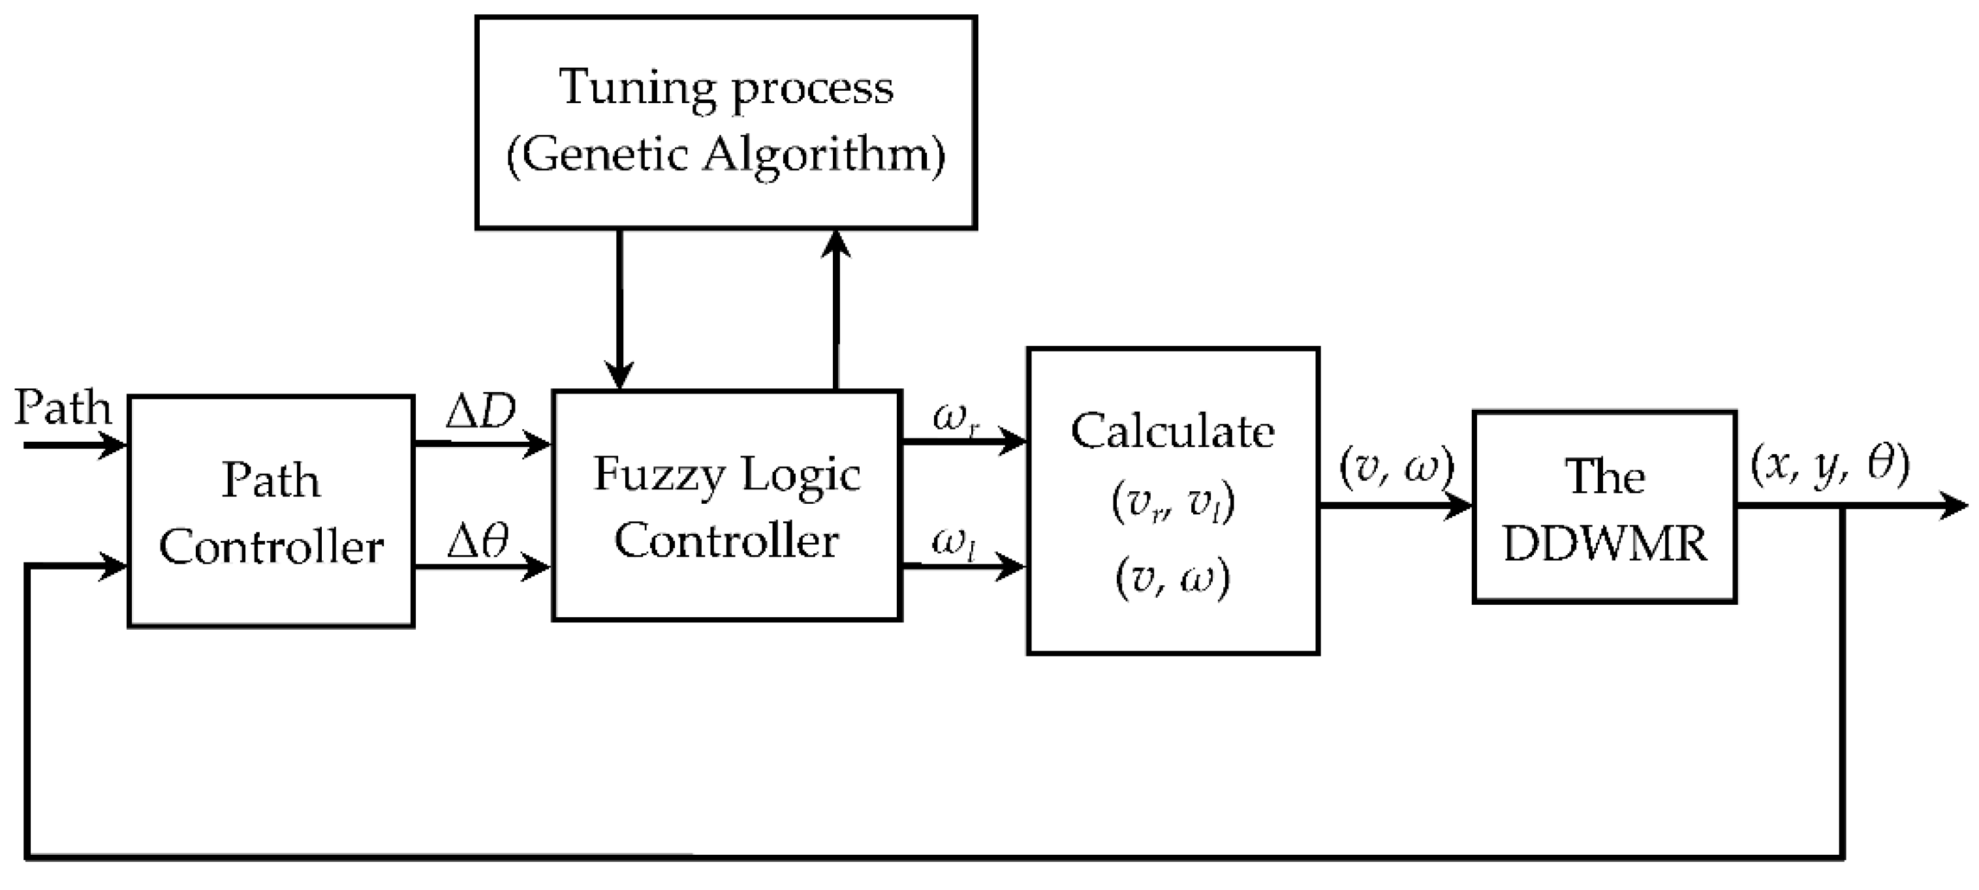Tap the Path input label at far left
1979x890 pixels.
[x=63, y=408]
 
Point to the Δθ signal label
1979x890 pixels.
[x=478, y=542]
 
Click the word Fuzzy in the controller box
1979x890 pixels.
[x=659, y=475]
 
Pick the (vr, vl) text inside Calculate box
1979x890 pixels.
[x=1172, y=503]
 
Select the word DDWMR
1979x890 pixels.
[x=1605, y=544]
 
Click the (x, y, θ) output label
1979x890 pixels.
[x=1829, y=465]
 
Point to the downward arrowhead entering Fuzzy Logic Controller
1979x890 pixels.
[x=619, y=378]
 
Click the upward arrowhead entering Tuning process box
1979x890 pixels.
[x=836, y=244]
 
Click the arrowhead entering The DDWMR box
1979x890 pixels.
[x=1458, y=507]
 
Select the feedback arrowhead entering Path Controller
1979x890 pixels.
[x=116, y=568]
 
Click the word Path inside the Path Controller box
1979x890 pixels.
[x=270, y=482]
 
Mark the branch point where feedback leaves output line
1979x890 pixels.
[x=1842, y=507]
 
